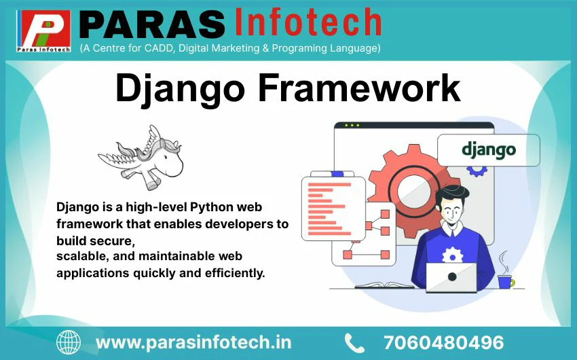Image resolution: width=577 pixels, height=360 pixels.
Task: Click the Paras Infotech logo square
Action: (x=43, y=31)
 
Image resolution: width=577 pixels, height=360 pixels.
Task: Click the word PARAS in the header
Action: (x=152, y=24)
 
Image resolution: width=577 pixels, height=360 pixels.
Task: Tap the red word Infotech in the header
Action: (x=308, y=22)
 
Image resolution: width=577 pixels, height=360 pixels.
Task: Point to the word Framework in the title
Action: (x=359, y=88)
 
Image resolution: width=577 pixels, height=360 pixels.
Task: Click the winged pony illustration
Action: (x=141, y=158)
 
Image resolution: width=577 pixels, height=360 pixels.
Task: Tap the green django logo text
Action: (x=489, y=150)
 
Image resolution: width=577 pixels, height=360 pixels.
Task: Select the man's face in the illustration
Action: (x=452, y=209)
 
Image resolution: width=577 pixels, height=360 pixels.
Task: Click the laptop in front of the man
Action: (x=451, y=278)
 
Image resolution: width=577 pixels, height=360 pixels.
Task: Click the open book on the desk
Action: (x=384, y=285)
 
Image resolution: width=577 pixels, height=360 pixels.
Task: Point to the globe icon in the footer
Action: (x=69, y=343)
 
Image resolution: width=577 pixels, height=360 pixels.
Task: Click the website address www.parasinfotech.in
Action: (x=193, y=342)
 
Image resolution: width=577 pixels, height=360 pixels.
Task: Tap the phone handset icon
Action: (x=354, y=343)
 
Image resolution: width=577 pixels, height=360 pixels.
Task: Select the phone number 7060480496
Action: (x=443, y=343)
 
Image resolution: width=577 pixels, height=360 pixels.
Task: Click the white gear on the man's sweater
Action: (x=452, y=255)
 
